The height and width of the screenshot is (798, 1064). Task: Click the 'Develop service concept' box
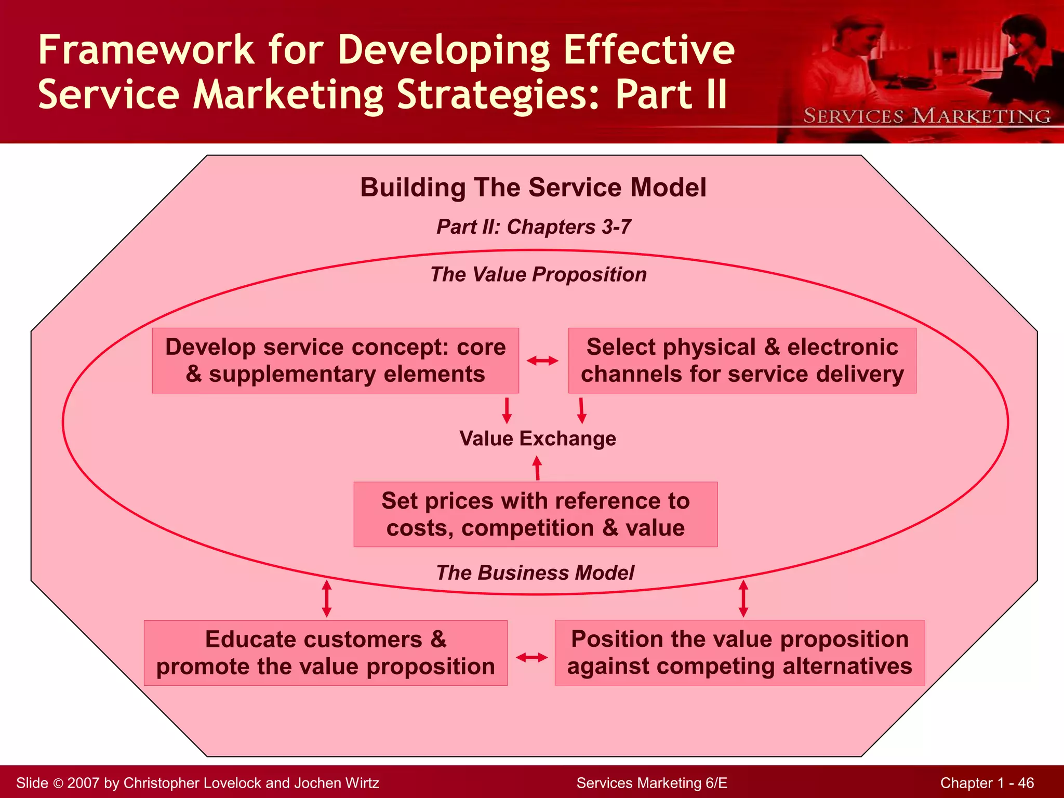point(335,361)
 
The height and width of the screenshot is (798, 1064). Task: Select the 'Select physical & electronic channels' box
point(742,361)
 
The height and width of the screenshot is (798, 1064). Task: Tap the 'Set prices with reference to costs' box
point(535,514)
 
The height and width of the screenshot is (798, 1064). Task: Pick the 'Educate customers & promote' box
point(325,653)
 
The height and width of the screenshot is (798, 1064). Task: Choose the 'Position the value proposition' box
point(739,653)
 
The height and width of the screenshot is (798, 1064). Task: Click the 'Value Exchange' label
point(538,438)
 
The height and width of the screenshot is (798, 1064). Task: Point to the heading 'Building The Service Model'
point(533,188)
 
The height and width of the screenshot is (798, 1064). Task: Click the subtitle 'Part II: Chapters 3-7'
point(534,227)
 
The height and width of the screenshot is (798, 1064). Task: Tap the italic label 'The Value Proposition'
point(538,274)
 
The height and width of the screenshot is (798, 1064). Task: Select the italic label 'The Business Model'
point(535,573)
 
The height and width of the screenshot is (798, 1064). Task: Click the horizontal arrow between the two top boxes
point(542,361)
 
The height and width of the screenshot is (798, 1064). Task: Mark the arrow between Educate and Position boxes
point(531,658)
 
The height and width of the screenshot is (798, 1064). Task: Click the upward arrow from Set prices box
point(537,468)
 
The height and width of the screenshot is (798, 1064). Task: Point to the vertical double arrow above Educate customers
point(327,598)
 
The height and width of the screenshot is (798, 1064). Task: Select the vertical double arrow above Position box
point(743,598)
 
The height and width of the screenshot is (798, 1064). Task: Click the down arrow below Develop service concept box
point(507,410)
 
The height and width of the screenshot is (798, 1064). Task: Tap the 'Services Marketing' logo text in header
point(927,116)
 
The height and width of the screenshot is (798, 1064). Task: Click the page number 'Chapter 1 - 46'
point(987,783)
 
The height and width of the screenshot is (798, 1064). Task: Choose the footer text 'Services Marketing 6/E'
point(651,783)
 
